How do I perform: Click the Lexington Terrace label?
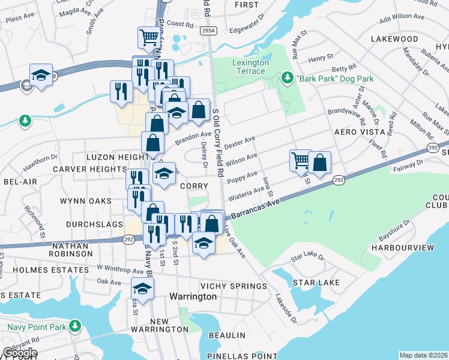[249, 67]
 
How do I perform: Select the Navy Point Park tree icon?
[75, 326]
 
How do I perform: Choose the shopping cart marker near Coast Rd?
[148, 37]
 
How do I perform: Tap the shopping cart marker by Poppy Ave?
[300, 160]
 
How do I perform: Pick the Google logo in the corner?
[20, 352]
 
